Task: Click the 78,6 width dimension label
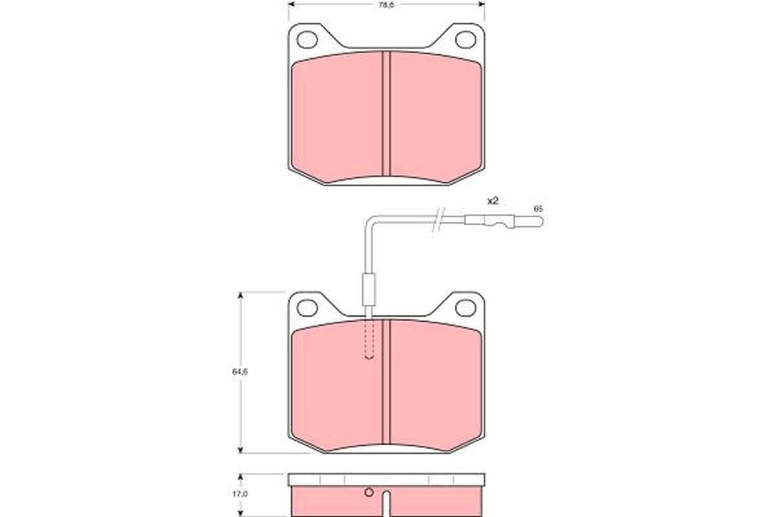click(386, 5)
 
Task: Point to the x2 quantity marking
click(493, 201)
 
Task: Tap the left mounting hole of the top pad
click(307, 39)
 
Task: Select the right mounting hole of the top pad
click(465, 39)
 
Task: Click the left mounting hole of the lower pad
click(307, 308)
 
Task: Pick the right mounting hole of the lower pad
click(465, 308)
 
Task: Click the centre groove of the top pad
click(386, 113)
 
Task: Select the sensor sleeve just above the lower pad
click(369, 290)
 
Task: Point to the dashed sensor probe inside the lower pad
click(369, 339)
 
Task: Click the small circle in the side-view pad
click(369, 493)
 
